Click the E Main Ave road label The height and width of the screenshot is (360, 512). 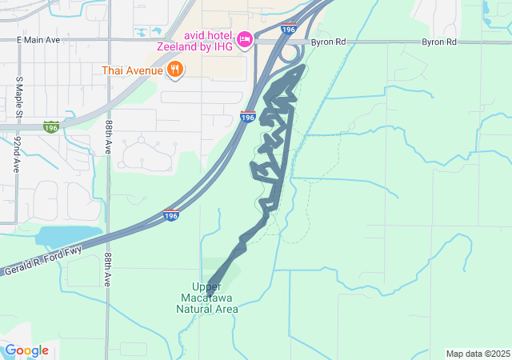[38, 39]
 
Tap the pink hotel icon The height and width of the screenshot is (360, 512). [245, 38]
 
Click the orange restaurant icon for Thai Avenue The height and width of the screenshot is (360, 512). [175, 70]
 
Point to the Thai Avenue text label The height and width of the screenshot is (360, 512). [133, 70]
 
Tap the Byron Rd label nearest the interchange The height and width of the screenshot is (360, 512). [329, 42]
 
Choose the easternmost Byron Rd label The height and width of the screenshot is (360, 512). [439, 42]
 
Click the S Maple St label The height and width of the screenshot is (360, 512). [18, 97]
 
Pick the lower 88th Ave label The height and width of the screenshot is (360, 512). [107, 270]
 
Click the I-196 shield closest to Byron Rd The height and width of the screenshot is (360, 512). [290, 30]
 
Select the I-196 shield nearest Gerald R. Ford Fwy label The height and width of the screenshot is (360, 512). [170, 215]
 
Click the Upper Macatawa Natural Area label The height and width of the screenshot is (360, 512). [206, 298]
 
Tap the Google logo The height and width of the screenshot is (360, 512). [26, 350]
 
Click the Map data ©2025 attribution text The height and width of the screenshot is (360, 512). [478, 354]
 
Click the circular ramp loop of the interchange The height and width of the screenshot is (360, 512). [291, 54]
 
